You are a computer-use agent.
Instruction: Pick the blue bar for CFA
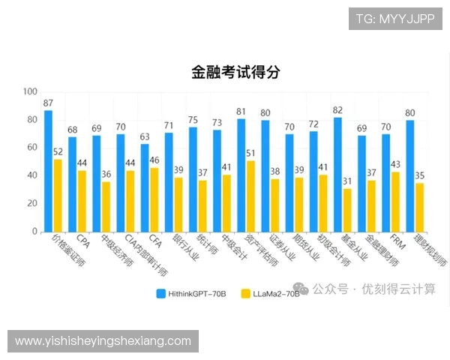tap(145, 187)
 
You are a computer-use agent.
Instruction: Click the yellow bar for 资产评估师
tap(250, 196)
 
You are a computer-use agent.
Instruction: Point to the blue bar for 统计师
tap(193, 179)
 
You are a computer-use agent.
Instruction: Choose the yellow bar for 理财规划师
tap(419, 207)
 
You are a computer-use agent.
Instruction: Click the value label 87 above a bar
tap(48, 103)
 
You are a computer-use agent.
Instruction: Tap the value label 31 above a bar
tap(347, 181)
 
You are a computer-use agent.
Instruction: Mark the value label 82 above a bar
tap(337, 110)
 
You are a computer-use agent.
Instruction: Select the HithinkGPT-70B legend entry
tap(188, 293)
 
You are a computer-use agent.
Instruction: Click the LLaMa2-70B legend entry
tap(271, 293)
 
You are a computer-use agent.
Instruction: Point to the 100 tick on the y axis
tap(30, 92)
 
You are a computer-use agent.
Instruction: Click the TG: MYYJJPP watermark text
tap(394, 19)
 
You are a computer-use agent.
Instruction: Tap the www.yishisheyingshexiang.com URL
tap(103, 341)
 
